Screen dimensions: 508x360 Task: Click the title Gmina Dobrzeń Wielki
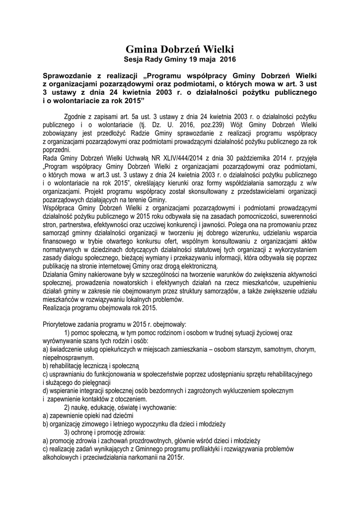[x=179, y=50]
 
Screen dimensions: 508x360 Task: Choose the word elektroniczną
[x=194, y=266]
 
